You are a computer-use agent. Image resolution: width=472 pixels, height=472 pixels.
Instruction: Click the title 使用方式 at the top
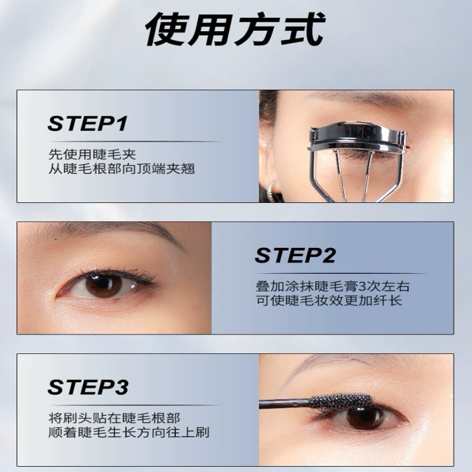coord(235,29)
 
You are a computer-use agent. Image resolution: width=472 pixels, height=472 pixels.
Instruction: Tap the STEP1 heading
coord(87,123)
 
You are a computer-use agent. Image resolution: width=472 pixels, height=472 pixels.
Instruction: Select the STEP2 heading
coord(296,255)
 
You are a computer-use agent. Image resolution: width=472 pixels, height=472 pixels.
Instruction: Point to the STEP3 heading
coord(88,387)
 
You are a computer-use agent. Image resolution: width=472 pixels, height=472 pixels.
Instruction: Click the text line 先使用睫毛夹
coord(92,155)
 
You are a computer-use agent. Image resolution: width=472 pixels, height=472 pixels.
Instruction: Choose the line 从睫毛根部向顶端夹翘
coord(122,169)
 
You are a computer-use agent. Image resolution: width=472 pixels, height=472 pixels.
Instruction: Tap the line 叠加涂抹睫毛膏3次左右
coord(333,286)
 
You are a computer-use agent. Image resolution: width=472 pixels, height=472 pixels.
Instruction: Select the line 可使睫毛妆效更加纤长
coord(329,301)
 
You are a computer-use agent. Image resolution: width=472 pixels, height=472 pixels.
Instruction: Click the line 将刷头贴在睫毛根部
coord(114,418)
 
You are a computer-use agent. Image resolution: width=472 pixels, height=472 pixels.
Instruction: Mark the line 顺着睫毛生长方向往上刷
coord(129,432)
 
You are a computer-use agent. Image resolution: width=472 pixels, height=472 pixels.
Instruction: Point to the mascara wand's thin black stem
coord(284,404)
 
